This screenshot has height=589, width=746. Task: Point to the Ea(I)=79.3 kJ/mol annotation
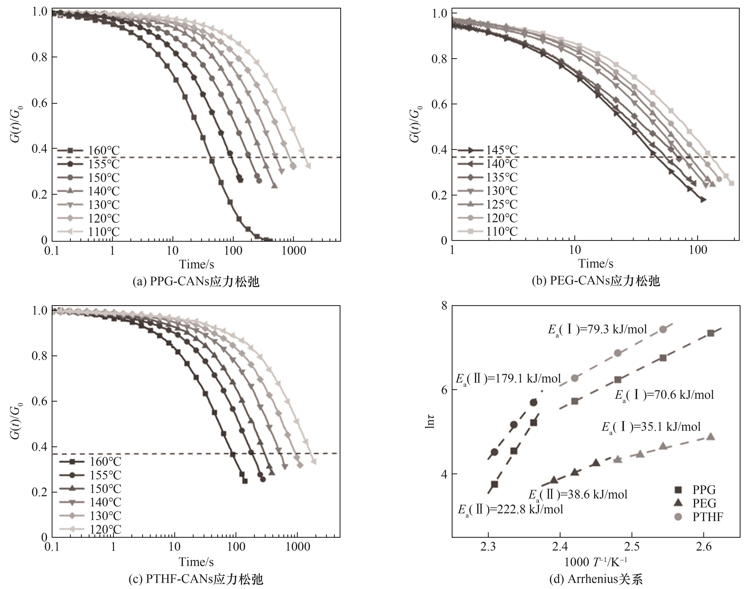[597, 329]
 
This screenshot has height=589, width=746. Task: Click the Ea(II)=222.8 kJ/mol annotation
[510, 509]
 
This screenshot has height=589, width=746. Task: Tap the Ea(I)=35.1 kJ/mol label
[651, 427]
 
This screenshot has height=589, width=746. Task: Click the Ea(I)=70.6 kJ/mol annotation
[664, 394]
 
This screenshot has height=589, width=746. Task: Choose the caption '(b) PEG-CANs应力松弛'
[596, 281]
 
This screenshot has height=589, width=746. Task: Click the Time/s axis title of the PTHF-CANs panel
[196, 562]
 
